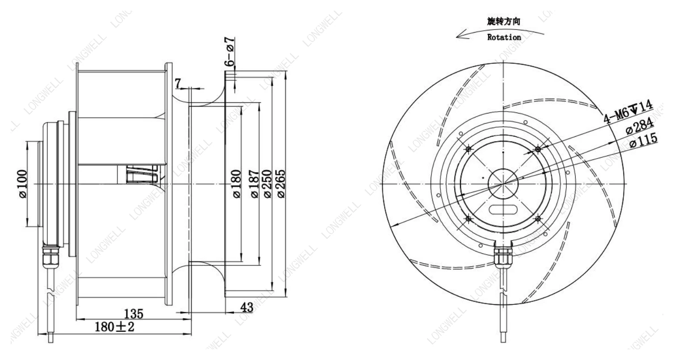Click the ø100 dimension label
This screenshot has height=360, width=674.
(x=23, y=184)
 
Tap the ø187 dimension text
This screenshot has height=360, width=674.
(x=255, y=184)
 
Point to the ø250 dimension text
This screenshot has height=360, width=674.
(x=268, y=184)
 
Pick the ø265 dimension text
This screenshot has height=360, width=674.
(x=281, y=184)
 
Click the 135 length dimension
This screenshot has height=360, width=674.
(x=134, y=314)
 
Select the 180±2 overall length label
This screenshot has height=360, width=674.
(x=114, y=327)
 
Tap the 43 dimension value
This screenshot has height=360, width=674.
(x=247, y=307)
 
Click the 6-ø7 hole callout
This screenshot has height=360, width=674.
(x=230, y=52)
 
